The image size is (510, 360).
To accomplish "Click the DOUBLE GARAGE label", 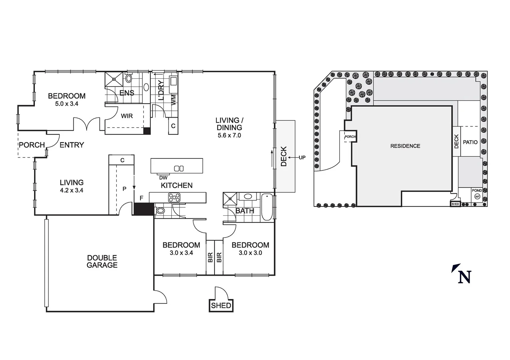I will [x=102, y=261].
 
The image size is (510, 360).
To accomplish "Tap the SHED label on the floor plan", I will [x=221, y=305].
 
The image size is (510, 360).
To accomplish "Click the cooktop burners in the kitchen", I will [x=174, y=197].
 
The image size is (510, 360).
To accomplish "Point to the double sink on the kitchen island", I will [x=179, y=168].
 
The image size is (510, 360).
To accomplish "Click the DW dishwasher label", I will [x=163, y=178].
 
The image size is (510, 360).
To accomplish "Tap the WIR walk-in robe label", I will [x=127, y=116].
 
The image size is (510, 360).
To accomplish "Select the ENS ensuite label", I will [x=127, y=93].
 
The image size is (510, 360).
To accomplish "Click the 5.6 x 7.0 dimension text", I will [x=229, y=135].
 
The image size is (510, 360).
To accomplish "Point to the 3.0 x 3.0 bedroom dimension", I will [x=250, y=253].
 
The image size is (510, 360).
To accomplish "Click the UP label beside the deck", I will [x=302, y=157].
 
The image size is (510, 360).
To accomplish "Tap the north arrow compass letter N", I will [x=464, y=277].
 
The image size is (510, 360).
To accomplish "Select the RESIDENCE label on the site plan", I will [x=405, y=146].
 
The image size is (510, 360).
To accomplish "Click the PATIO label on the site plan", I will [x=470, y=142].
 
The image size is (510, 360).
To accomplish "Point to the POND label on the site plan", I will [x=477, y=191].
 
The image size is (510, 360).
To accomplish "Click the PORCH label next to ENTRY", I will [x=32, y=145].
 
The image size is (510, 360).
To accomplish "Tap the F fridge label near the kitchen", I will [x=141, y=198].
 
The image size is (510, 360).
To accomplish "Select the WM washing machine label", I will [x=173, y=99].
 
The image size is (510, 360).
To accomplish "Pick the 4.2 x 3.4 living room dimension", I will [x=71, y=190].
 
